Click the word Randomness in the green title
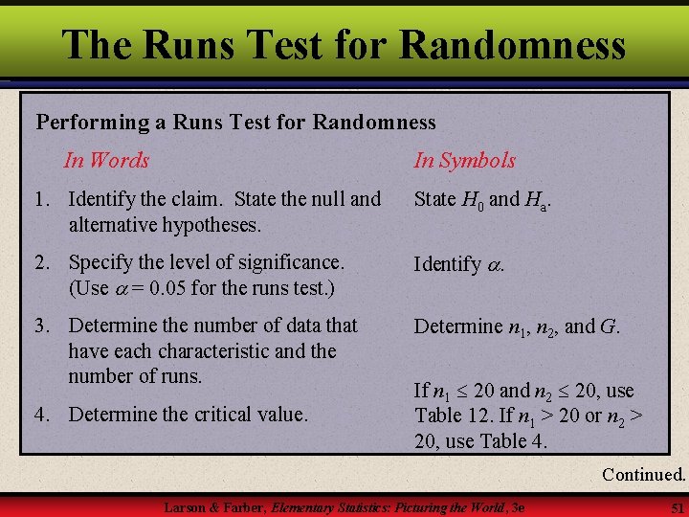tap(513, 45)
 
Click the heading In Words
tap(106, 160)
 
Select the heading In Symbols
tap(464, 161)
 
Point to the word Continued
tap(644, 474)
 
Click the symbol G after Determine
tap(608, 326)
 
